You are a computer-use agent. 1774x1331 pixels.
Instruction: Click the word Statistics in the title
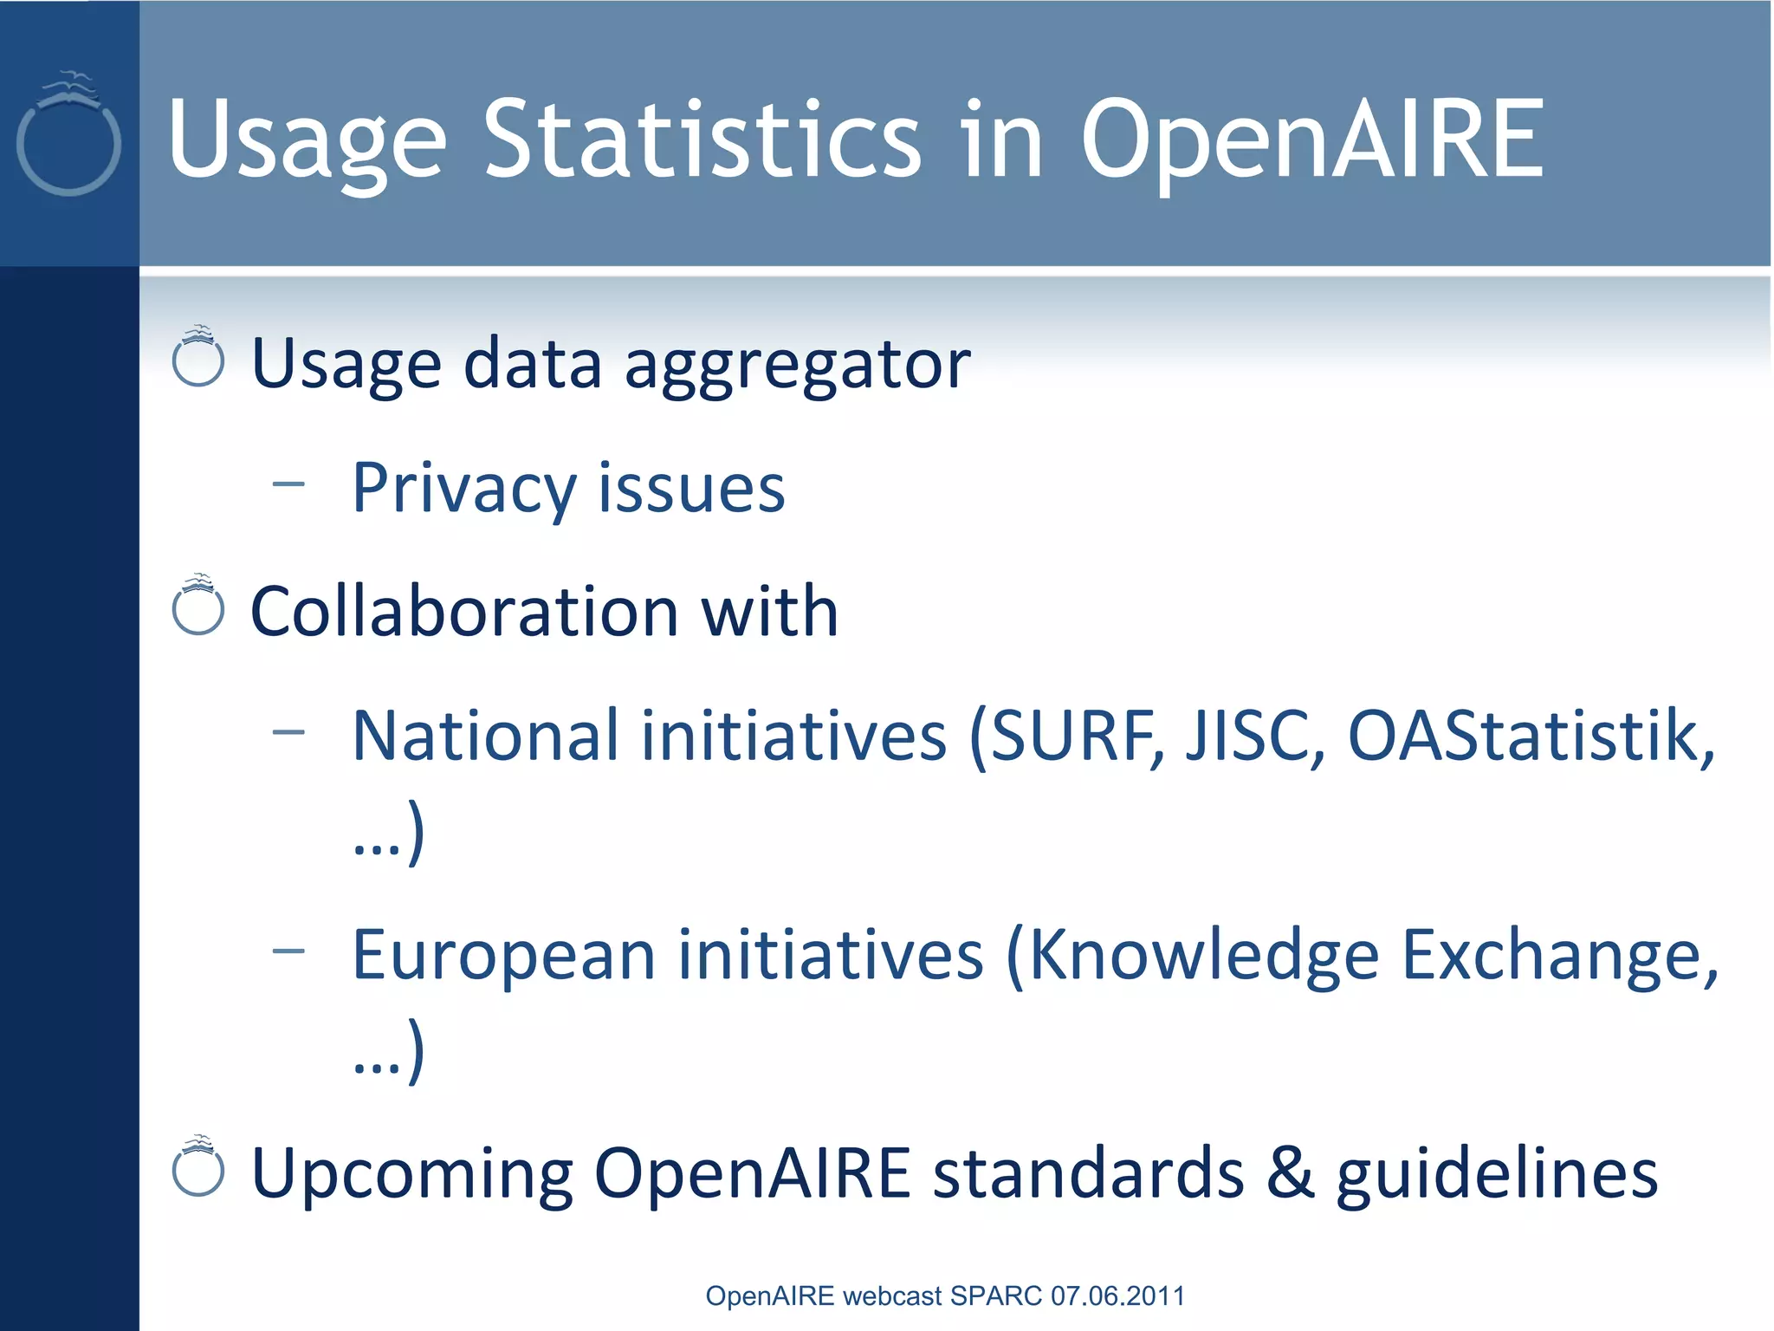tap(702, 139)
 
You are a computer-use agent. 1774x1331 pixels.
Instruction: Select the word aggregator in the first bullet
tap(797, 364)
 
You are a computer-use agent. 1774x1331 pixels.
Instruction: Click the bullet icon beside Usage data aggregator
tap(198, 357)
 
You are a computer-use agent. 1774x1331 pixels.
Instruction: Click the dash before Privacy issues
tap(288, 484)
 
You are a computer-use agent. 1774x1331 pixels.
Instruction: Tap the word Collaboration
tap(463, 611)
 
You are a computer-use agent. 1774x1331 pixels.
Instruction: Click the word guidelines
tap(1496, 1172)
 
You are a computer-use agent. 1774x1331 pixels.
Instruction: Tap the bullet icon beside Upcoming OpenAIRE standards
tap(198, 1166)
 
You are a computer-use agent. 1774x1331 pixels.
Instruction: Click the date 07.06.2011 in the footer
tap(1117, 1295)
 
